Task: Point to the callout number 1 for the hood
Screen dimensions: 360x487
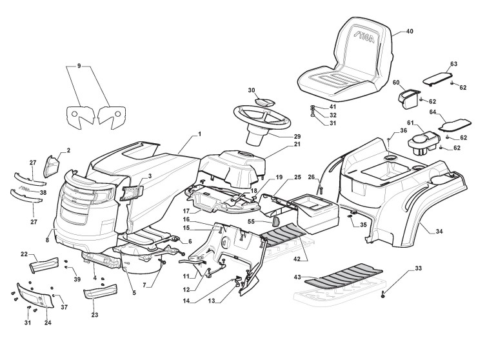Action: (199, 134)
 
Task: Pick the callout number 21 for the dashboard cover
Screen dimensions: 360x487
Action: (279, 145)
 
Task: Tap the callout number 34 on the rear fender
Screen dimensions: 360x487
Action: (439, 231)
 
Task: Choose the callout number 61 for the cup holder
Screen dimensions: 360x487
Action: (410, 123)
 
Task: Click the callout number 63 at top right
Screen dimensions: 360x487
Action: (453, 64)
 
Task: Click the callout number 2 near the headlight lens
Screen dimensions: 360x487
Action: (69, 150)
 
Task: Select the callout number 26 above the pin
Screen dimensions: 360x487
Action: (312, 177)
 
